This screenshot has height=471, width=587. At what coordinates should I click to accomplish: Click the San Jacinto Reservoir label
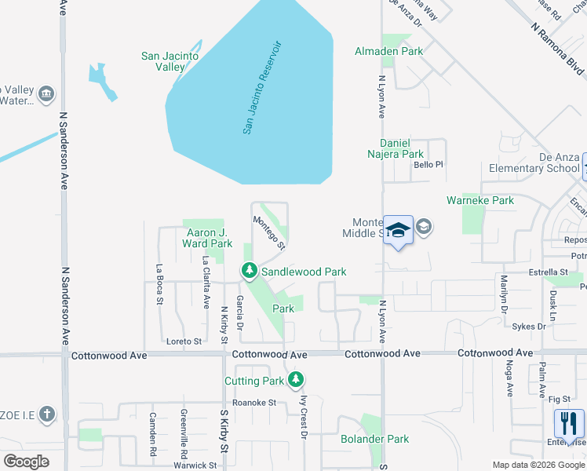(x=261, y=87)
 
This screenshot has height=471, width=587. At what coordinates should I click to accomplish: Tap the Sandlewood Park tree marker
(x=250, y=272)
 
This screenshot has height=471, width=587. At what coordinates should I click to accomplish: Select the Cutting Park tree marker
(x=295, y=381)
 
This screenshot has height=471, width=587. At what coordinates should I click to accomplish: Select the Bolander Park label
(x=375, y=439)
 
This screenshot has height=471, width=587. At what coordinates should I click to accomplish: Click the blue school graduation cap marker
(x=398, y=230)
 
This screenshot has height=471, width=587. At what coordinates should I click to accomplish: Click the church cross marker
(x=46, y=413)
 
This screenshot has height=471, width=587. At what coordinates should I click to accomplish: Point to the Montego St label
(x=268, y=232)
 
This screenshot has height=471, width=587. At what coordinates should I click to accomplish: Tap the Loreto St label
(x=184, y=341)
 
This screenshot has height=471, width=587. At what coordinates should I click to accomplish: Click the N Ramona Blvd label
(x=557, y=49)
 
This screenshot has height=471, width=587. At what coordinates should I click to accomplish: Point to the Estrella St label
(x=527, y=272)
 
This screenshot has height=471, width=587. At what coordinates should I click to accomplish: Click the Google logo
(x=26, y=462)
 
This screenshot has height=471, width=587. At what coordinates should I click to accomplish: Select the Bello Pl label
(x=428, y=165)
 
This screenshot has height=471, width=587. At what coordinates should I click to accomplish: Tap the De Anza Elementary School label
(x=534, y=162)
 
